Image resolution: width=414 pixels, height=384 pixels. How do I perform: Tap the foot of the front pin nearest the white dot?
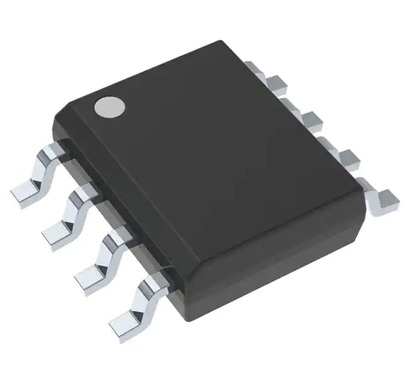[x=25, y=193]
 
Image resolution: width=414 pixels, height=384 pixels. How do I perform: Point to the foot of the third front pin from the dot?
[x=89, y=274]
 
